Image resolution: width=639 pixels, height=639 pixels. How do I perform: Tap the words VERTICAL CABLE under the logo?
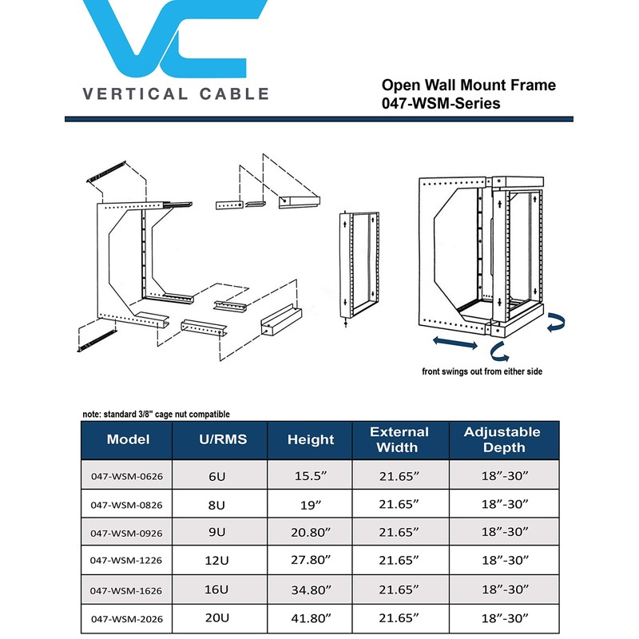(176, 94)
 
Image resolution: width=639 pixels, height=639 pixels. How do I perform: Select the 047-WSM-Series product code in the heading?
(441, 103)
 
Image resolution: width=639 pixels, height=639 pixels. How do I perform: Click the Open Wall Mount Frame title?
(468, 85)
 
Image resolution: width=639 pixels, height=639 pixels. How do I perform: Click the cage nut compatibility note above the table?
(156, 414)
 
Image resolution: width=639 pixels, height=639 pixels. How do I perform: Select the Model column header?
(128, 439)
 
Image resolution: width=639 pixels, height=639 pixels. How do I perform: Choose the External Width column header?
(399, 439)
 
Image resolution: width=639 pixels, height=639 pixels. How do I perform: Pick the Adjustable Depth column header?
(502, 439)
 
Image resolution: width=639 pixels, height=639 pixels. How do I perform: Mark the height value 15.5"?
(311, 477)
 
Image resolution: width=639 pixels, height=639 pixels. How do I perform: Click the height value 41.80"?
(311, 618)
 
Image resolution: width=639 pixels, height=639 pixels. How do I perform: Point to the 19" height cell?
(311, 505)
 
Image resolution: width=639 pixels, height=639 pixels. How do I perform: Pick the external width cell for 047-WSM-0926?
(399, 533)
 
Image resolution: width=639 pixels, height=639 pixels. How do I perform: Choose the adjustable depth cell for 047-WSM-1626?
(502, 590)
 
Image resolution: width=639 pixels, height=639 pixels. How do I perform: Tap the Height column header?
(311, 439)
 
